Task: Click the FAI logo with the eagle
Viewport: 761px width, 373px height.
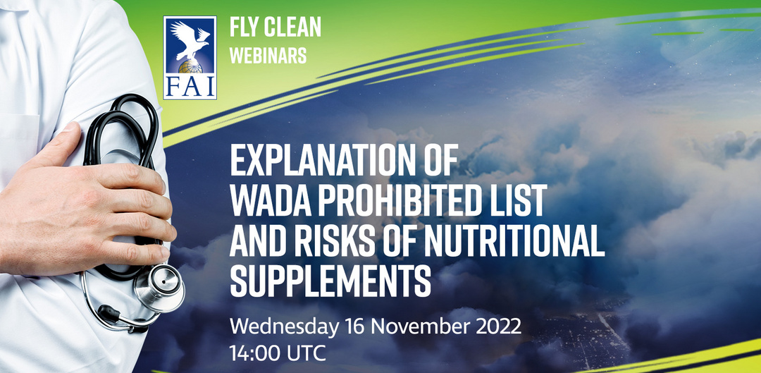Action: (x=190, y=58)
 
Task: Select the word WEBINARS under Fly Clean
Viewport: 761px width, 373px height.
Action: (x=268, y=56)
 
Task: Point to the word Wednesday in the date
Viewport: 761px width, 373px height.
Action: (x=284, y=327)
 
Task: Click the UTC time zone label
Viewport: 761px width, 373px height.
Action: (x=306, y=353)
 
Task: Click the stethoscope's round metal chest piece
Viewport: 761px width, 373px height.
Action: (x=159, y=288)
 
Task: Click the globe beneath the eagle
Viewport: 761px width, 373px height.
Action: (x=190, y=67)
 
